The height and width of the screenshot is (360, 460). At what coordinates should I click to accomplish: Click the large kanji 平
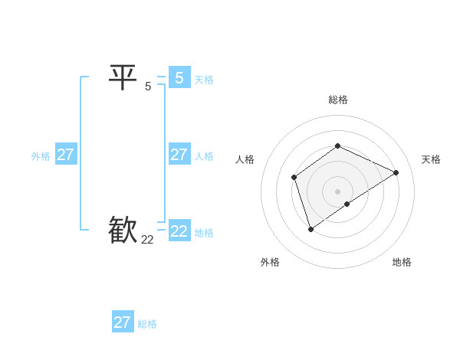[123, 77]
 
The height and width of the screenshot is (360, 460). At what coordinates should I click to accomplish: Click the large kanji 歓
[123, 229]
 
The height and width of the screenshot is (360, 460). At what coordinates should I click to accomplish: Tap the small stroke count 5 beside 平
[148, 86]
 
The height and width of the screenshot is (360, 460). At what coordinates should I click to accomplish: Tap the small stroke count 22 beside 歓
[148, 239]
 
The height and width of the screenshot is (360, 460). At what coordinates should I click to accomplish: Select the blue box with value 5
[179, 77]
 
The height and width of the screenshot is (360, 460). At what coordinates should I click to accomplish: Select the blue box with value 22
[179, 231]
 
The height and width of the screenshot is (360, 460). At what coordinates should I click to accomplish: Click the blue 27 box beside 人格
[179, 154]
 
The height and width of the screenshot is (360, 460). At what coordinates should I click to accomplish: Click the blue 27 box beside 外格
[65, 154]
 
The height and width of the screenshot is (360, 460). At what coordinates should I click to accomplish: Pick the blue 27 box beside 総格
[122, 322]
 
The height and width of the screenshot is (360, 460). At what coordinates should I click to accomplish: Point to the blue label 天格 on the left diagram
[204, 80]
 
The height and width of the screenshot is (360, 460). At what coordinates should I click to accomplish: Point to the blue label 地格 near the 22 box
[204, 233]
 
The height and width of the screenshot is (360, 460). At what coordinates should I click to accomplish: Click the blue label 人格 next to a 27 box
[204, 156]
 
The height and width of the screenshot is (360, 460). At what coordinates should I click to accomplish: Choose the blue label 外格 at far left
[41, 156]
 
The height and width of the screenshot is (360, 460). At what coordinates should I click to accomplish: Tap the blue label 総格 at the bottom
[147, 324]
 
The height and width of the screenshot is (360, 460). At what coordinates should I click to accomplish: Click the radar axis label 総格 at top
[338, 100]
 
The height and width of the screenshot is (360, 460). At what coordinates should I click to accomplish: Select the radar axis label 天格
[431, 159]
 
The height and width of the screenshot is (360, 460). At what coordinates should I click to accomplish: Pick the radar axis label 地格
[402, 262]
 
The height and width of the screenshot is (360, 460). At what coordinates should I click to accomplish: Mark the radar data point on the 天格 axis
[396, 172]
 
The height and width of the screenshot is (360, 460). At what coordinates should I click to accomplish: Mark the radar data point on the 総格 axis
[337, 146]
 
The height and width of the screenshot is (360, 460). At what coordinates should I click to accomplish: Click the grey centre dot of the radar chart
[337, 191]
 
